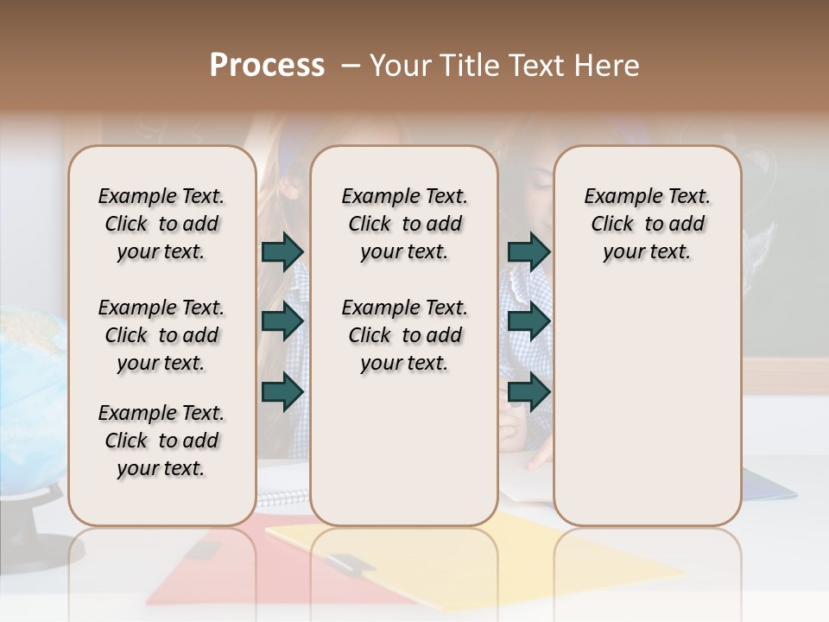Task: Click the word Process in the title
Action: [x=267, y=66]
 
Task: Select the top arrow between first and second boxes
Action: [x=282, y=251]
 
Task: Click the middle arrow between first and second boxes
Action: [x=282, y=321]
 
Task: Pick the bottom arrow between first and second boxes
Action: [x=282, y=391]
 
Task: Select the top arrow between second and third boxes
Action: [x=528, y=251]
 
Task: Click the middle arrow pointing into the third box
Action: [x=528, y=321]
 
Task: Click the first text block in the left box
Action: [x=161, y=224]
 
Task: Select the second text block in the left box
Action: [x=161, y=335]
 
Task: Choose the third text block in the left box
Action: [x=161, y=441]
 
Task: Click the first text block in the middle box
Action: [x=404, y=224]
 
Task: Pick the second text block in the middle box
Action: [x=404, y=335]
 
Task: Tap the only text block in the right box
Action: [x=647, y=224]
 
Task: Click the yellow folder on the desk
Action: [x=518, y=553]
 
